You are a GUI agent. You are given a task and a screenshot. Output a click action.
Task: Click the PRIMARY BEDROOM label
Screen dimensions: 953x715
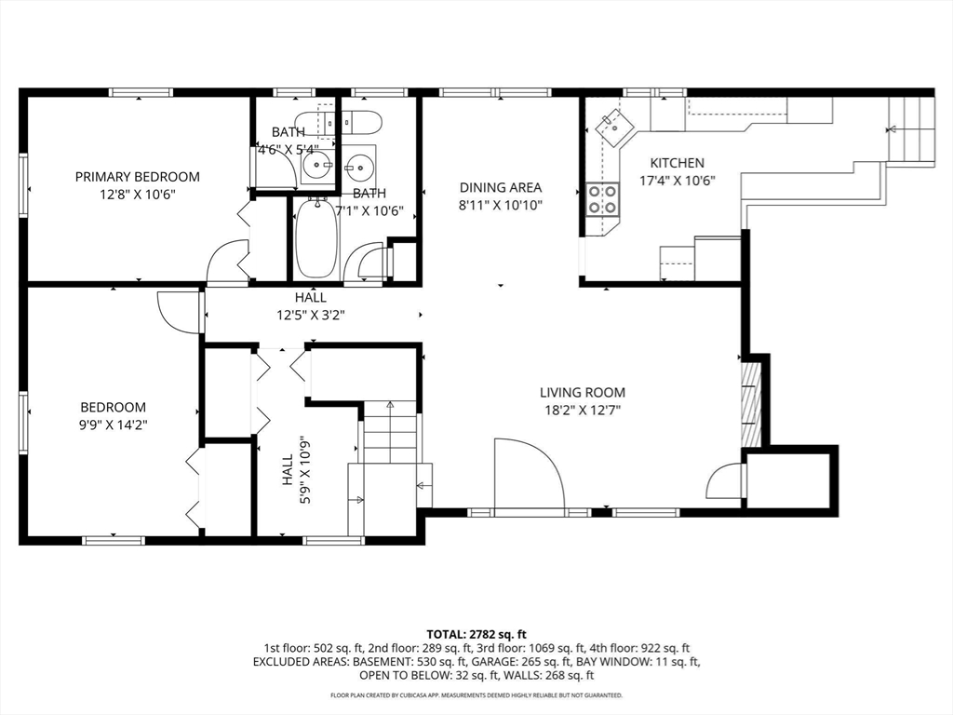pyautogui.click(x=138, y=177)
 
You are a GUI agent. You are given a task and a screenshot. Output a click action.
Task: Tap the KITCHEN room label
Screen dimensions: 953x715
pyautogui.click(x=678, y=163)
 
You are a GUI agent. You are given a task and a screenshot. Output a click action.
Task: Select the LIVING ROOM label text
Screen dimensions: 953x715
pyautogui.click(x=583, y=393)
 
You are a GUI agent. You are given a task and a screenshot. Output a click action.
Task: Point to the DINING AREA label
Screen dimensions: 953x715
pyautogui.click(x=500, y=188)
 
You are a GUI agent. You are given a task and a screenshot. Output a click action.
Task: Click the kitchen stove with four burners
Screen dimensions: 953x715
pyautogui.click(x=602, y=199)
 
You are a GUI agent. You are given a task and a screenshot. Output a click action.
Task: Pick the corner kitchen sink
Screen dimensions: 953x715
pyautogui.click(x=614, y=127)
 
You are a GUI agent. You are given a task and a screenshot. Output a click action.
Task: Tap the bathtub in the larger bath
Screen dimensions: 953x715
pyautogui.click(x=315, y=238)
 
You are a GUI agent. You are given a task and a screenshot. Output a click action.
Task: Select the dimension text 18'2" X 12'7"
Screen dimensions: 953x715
pyautogui.click(x=583, y=411)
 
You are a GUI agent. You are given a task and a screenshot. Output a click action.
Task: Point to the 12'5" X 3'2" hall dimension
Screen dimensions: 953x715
pyautogui.click(x=311, y=315)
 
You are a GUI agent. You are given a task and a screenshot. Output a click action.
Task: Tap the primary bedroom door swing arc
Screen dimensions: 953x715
pyautogui.click(x=227, y=262)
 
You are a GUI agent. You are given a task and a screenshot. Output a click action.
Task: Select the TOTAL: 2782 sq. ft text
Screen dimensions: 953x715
pyautogui.click(x=476, y=635)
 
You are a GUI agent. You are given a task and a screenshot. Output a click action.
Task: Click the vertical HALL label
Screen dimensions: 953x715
pyautogui.click(x=288, y=470)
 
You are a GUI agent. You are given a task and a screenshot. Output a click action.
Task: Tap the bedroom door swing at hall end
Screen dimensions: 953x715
pyautogui.click(x=179, y=312)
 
